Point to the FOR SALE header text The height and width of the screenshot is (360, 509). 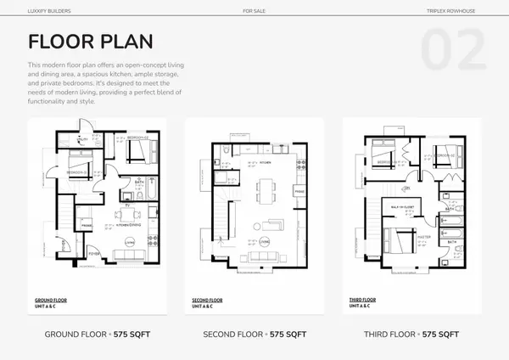[254, 12]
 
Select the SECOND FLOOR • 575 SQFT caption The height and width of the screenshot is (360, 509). [254, 335]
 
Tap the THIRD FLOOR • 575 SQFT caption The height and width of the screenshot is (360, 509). [412, 335]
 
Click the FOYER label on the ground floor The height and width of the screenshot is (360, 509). [94, 253]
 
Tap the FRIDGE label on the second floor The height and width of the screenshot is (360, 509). [299, 192]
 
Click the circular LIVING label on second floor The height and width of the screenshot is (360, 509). [266, 242]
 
